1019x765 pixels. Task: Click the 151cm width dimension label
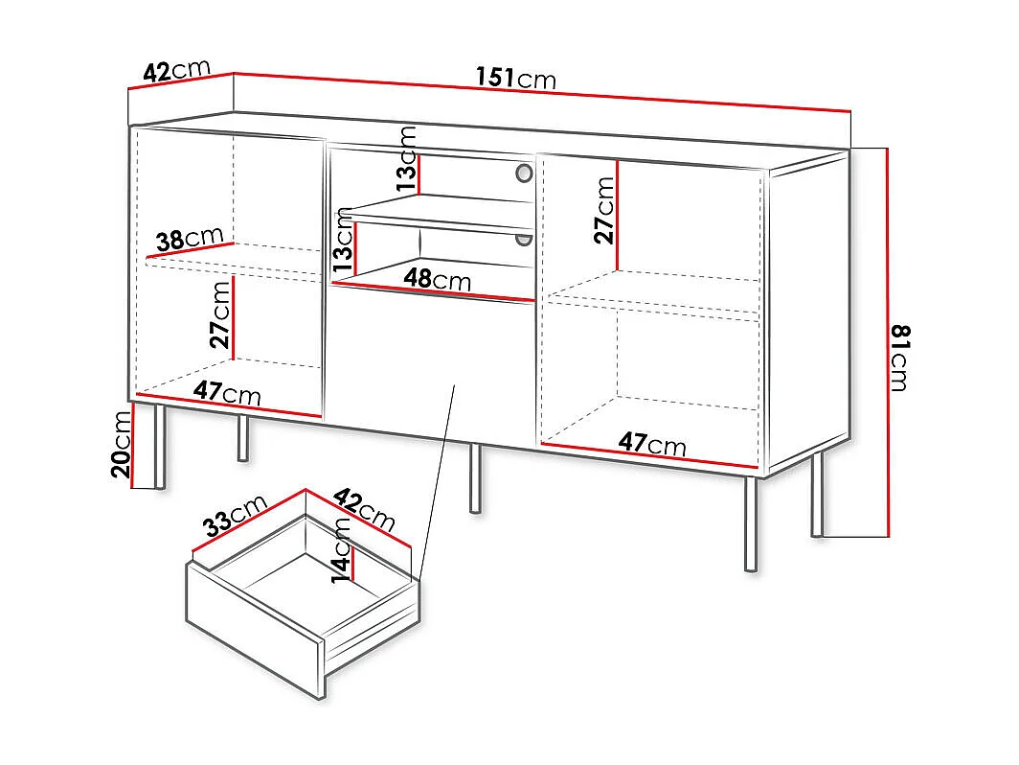(x=515, y=78)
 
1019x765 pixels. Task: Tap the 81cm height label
(x=900, y=358)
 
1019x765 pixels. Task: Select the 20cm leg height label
(x=122, y=445)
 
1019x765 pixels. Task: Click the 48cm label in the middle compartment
(x=438, y=279)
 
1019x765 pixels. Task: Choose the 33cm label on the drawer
(x=235, y=515)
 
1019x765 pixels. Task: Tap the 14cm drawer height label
(x=341, y=550)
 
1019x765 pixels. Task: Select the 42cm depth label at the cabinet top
(x=177, y=70)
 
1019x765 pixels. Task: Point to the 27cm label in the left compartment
(x=220, y=314)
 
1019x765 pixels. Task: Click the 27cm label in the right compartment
(x=603, y=210)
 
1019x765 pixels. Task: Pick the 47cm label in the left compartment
(x=227, y=392)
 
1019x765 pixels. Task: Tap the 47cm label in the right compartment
(x=652, y=444)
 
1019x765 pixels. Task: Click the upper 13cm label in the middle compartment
(x=407, y=159)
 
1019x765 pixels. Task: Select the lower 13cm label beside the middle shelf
(x=343, y=241)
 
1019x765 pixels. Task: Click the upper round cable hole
(x=524, y=173)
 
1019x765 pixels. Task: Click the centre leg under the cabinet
(x=476, y=478)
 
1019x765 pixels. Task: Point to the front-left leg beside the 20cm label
(x=160, y=447)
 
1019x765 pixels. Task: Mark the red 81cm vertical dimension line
(x=887, y=343)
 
